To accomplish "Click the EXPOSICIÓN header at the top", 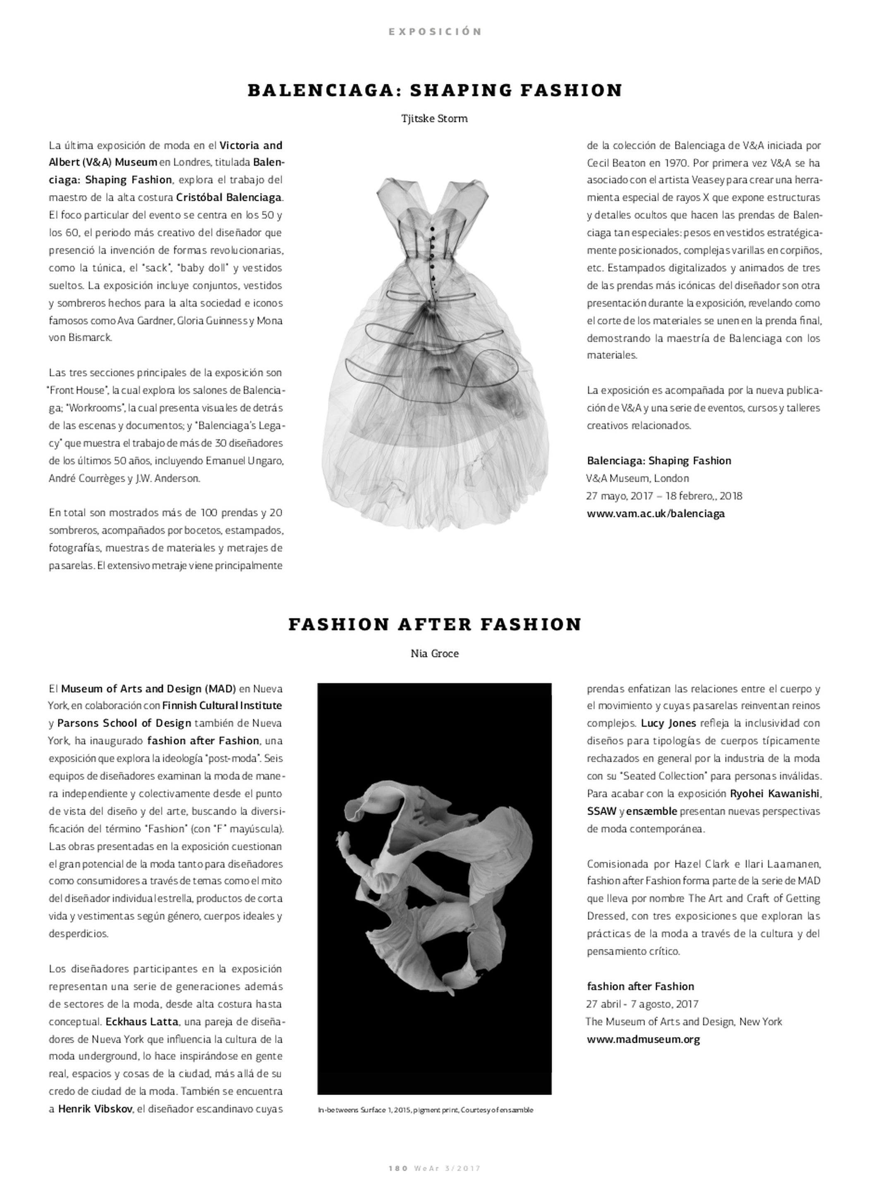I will (434, 31).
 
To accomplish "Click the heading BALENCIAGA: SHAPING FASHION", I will (434, 91).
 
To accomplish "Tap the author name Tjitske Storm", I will (434, 118).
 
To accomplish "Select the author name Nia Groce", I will (434, 654).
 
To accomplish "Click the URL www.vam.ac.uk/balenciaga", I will (656, 514).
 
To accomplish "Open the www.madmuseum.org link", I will (643, 1040).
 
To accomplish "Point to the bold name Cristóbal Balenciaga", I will (229, 198).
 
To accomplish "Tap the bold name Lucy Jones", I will (668, 723).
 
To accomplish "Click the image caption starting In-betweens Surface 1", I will (425, 1110).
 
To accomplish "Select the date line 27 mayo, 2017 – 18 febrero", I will (664, 496).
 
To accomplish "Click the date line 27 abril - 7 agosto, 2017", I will (642, 1004).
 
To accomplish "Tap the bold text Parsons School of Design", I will (124, 723).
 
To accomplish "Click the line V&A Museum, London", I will (637, 478).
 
